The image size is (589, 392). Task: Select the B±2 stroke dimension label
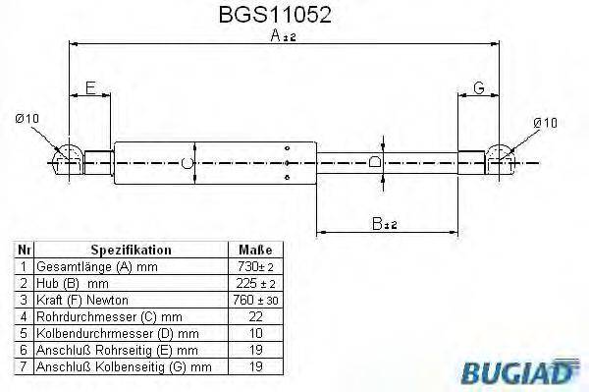pyautogui.click(x=386, y=224)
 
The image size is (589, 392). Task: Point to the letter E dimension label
pyautogui.click(x=90, y=89)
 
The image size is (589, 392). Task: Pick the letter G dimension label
pyautogui.click(x=479, y=89)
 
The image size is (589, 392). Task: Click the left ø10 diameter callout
pyautogui.click(x=27, y=120)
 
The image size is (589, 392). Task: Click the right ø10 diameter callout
pyautogui.click(x=544, y=122)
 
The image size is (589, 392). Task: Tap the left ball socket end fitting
pyautogui.click(x=68, y=157)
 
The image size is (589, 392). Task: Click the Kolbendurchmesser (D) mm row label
pyautogui.click(x=117, y=332)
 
